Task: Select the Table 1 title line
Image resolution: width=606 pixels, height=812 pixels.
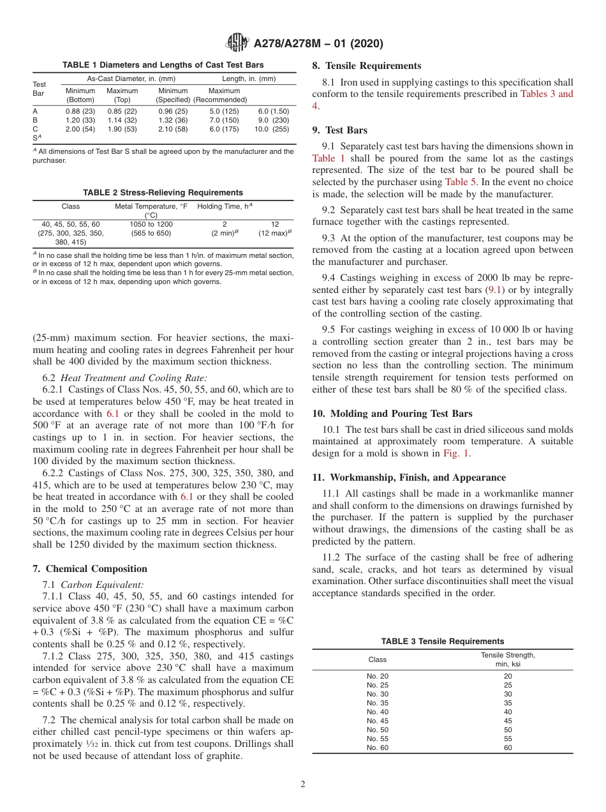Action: [163, 65]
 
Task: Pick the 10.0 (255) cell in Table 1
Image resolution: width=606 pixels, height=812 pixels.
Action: [274, 129]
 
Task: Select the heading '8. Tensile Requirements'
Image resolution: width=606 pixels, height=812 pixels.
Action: [366, 66]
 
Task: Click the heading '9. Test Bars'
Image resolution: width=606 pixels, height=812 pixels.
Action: [339, 130]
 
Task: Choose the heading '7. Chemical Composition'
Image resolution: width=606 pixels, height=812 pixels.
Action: [90, 569]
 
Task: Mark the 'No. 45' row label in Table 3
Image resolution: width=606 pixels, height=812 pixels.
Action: [377, 721]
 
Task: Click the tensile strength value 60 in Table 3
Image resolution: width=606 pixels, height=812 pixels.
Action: [507, 748]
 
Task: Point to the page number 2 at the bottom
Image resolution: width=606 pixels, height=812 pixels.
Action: [303, 785]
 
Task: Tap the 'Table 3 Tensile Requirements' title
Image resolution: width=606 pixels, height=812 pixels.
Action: [442, 642]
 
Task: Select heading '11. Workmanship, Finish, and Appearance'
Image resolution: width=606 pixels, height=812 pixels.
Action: [409, 477]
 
